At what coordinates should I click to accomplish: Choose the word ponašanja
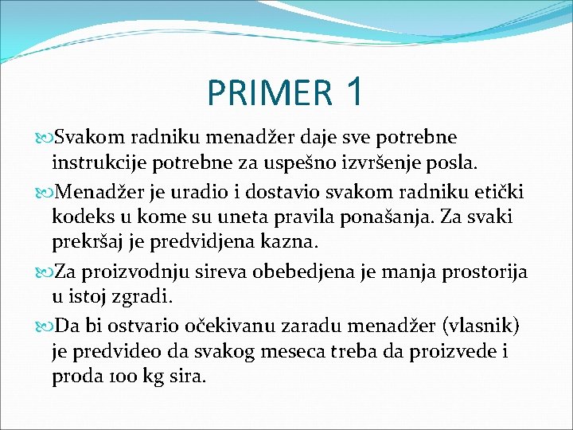point(398,217)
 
